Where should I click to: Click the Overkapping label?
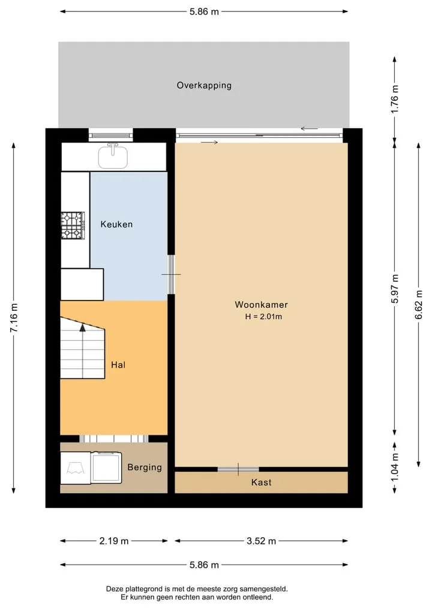(x=204, y=86)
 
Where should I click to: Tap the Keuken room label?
(x=116, y=224)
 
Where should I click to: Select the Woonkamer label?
(x=261, y=304)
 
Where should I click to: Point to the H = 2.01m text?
(x=263, y=317)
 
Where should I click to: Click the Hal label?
(x=118, y=365)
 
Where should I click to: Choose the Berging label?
(x=145, y=467)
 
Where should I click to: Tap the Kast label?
(x=261, y=483)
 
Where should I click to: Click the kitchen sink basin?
(x=113, y=156)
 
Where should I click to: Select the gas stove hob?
(x=73, y=225)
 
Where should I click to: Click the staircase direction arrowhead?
(x=83, y=328)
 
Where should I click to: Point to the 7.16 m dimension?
(x=14, y=318)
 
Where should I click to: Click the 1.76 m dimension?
(x=395, y=99)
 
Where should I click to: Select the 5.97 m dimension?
(x=395, y=289)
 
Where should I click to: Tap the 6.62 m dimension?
(x=419, y=305)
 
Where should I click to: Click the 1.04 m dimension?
(x=395, y=467)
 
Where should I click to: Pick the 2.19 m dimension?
(x=113, y=541)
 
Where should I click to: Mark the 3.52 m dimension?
(x=261, y=541)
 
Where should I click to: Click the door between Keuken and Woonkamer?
(x=171, y=274)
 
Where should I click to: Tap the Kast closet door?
(x=238, y=469)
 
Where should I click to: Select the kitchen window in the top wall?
(x=111, y=135)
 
